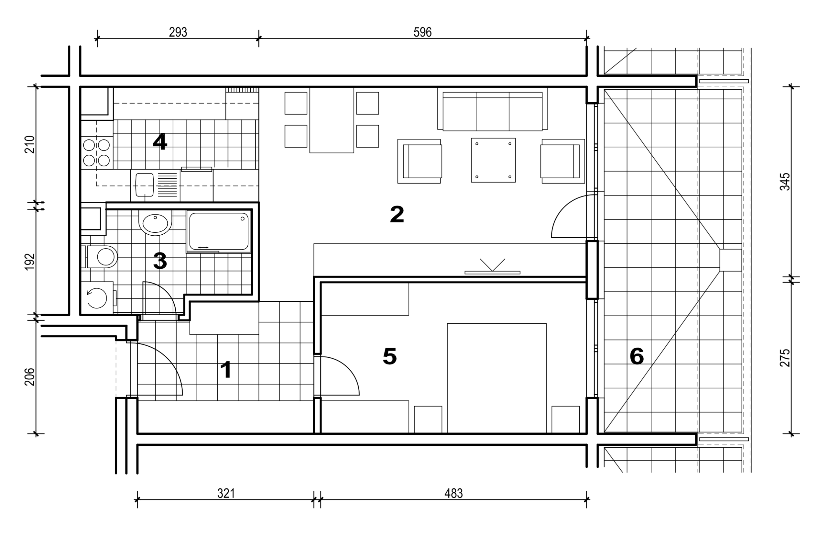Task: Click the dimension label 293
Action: pos(178,32)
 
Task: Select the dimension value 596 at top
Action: pos(422,32)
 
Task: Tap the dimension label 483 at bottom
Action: pos(454,494)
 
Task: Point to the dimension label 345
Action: pos(785,182)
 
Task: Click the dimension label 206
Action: pos(30,377)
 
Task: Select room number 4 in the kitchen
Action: pos(160,142)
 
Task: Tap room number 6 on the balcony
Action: pos(637,356)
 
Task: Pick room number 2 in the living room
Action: pos(397,214)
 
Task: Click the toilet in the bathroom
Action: pos(102,257)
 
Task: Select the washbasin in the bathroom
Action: pos(155,223)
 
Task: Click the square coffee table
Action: pos(493,160)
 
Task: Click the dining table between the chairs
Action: pos(332,120)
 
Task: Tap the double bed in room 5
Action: pos(496,378)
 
